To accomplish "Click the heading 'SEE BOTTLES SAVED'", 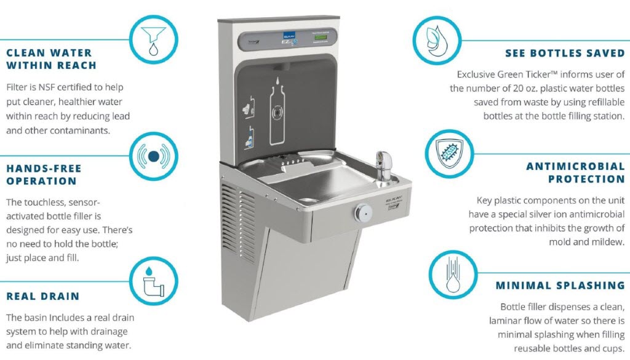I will (x=564, y=54).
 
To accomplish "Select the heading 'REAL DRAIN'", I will (x=43, y=297).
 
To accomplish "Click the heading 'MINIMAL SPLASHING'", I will (x=560, y=286).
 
